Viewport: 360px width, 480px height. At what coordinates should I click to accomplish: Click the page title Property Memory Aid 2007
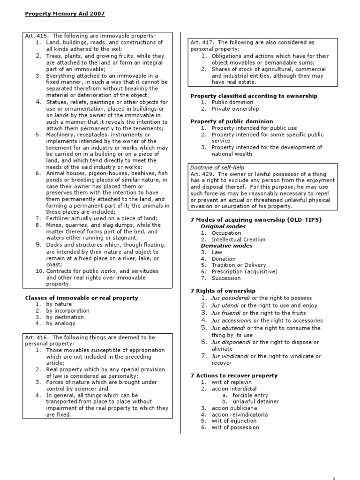point(65,14)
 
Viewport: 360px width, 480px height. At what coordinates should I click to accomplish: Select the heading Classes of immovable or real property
point(81,298)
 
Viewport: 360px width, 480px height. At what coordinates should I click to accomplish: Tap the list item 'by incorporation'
point(68,311)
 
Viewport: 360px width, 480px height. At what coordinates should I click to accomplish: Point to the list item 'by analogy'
point(62,323)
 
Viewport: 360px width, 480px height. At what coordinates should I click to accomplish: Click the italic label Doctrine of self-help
point(217,168)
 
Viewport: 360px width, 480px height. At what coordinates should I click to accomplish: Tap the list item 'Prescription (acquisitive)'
point(244,271)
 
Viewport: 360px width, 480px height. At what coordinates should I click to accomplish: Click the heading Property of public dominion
point(232,121)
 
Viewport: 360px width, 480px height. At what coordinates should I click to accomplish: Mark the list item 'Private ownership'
point(235,109)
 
